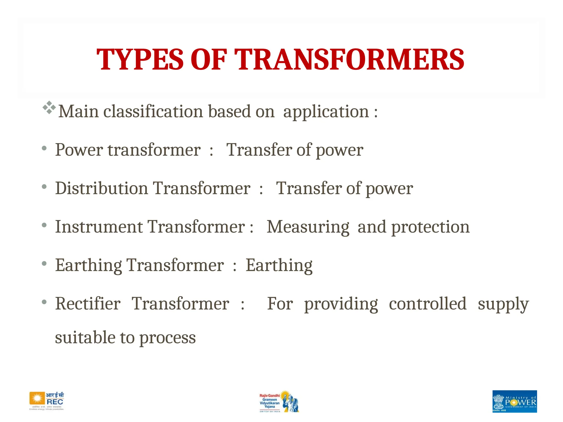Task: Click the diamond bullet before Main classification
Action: coord(49,108)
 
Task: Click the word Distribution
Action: coord(101,188)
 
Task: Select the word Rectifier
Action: coord(88,304)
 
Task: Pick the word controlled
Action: coord(428,304)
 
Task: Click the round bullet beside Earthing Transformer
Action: coord(44,264)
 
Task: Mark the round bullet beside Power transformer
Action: coord(44,148)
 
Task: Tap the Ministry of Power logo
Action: coord(515,401)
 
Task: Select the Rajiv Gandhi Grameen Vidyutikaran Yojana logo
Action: coord(279,402)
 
